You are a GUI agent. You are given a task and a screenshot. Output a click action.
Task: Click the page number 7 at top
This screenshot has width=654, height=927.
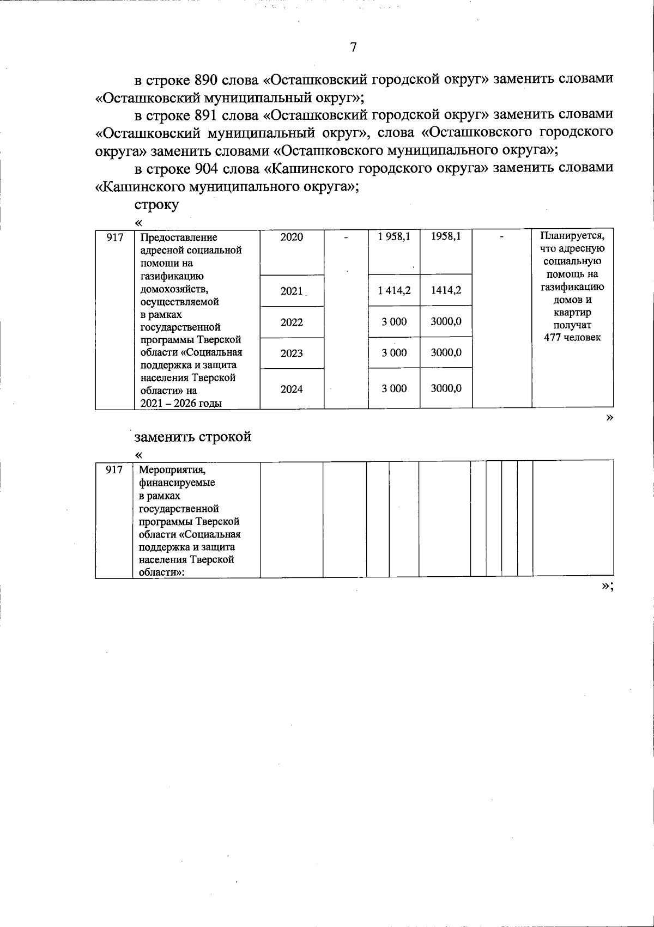pos(353,47)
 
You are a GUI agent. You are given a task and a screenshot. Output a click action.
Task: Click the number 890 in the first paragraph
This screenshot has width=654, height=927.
pos(207,80)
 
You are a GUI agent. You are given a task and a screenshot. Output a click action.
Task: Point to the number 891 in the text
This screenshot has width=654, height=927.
pos(207,115)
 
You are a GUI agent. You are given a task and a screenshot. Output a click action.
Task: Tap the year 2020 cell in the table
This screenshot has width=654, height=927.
pos(292,237)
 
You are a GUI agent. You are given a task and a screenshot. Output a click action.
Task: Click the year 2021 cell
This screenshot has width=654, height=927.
pos(292,291)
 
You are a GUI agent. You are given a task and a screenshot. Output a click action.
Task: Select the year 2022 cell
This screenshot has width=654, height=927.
pos(292,322)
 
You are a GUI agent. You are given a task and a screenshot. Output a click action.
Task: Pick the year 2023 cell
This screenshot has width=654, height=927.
pos(292,353)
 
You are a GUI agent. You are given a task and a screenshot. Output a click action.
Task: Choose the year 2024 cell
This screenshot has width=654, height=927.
pos(292,389)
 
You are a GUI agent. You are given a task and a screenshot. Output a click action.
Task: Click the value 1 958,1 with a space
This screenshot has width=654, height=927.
pos(394,236)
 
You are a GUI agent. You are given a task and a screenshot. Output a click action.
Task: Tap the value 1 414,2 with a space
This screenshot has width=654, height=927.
pos(394,290)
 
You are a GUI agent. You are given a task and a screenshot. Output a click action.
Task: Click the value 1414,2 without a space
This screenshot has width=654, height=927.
pos(446,290)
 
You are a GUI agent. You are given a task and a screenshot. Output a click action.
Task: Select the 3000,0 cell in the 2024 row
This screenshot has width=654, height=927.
pos(446,388)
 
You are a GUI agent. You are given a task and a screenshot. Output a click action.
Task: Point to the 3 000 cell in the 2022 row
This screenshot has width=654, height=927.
pos(394,322)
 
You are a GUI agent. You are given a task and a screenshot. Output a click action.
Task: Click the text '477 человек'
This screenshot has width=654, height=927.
pos(572,338)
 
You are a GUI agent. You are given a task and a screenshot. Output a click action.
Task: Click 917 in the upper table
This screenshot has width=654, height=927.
pos(114,237)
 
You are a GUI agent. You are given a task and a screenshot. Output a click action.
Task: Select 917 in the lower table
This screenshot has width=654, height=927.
pos(114,469)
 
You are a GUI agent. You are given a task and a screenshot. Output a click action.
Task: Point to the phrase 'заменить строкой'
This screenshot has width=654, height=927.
pos(193,437)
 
